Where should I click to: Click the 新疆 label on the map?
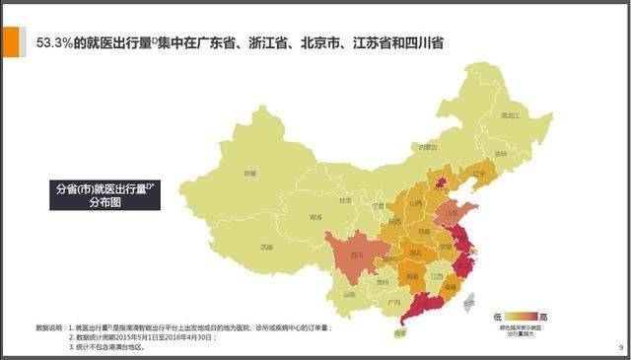pyautogui.click(x=249, y=172)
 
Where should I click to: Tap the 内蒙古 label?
pyautogui.click(x=426, y=148)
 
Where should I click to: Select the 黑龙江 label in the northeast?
pyautogui.click(x=510, y=116)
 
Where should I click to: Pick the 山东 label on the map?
pyautogui.click(x=454, y=211)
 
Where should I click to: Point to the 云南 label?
pyautogui.click(x=346, y=294)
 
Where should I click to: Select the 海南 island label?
pyautogui.click(x=399, y=333)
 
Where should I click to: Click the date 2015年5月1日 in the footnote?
pyautogui.click(x=147, y=337)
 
